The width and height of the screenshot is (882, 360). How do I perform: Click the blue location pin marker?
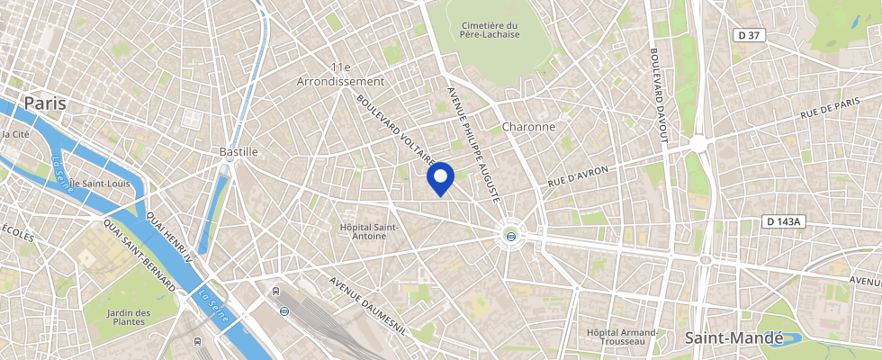point(440,177)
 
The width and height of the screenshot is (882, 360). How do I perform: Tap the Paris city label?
point(45,103)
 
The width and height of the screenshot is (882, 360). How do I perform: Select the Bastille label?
point(238,152)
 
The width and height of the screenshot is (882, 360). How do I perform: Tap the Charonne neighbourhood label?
point(528,127)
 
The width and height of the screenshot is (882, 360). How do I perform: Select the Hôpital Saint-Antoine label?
point(369,230)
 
